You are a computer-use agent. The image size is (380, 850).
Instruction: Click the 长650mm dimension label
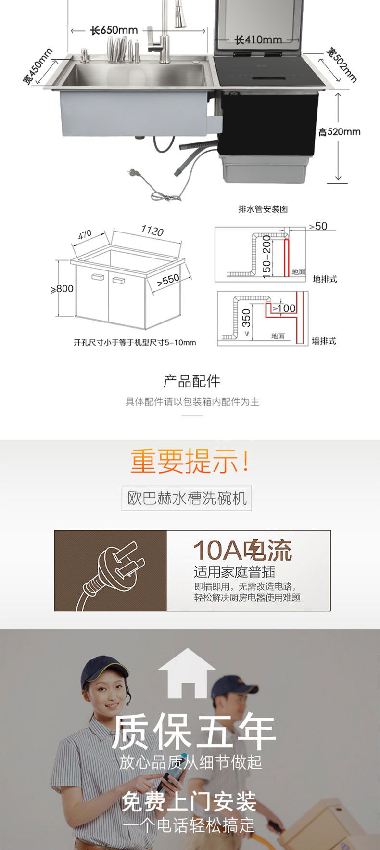(x=114, y=30)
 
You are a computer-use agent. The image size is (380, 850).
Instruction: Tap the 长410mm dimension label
(x=258, y=40)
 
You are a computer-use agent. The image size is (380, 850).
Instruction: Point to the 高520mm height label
(x=339, y=131)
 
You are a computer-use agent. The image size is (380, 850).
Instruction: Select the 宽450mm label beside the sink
(x=38, y=66)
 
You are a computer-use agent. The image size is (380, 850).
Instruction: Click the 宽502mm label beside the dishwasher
(x=342, y=64)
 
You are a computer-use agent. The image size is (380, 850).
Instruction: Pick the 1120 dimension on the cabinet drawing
(x=152, y=231)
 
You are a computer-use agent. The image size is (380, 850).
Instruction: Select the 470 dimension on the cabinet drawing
(x=85, y=235)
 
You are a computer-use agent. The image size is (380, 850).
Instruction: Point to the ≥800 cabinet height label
(x=62, y=289)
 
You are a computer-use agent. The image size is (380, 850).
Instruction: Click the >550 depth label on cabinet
(x=168, y=280)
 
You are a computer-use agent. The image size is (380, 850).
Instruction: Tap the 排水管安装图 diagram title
(x=263, y=209)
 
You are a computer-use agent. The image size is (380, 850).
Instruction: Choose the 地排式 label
(x=325, y=279)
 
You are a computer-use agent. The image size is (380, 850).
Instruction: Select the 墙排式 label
(x=324, y=341)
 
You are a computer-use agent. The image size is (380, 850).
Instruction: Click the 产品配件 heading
(x=191, y=381)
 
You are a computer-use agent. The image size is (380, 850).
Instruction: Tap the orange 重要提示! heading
(x=190, y=461)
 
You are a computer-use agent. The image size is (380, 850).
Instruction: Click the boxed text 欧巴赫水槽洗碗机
(x=187, y=498)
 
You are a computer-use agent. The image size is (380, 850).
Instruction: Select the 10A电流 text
(x=242, y=550)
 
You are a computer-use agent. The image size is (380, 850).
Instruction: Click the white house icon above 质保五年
(x=187, y=673)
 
